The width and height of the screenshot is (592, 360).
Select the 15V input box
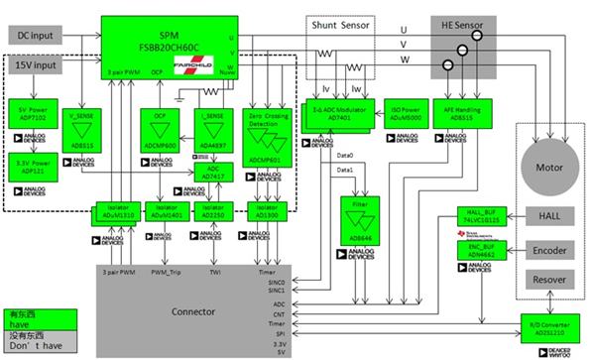pos(37,64)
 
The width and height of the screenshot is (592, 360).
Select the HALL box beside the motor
pos(547,215)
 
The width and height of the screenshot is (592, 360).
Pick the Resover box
pos(547,281)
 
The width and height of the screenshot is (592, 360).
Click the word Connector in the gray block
pos(194,313)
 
